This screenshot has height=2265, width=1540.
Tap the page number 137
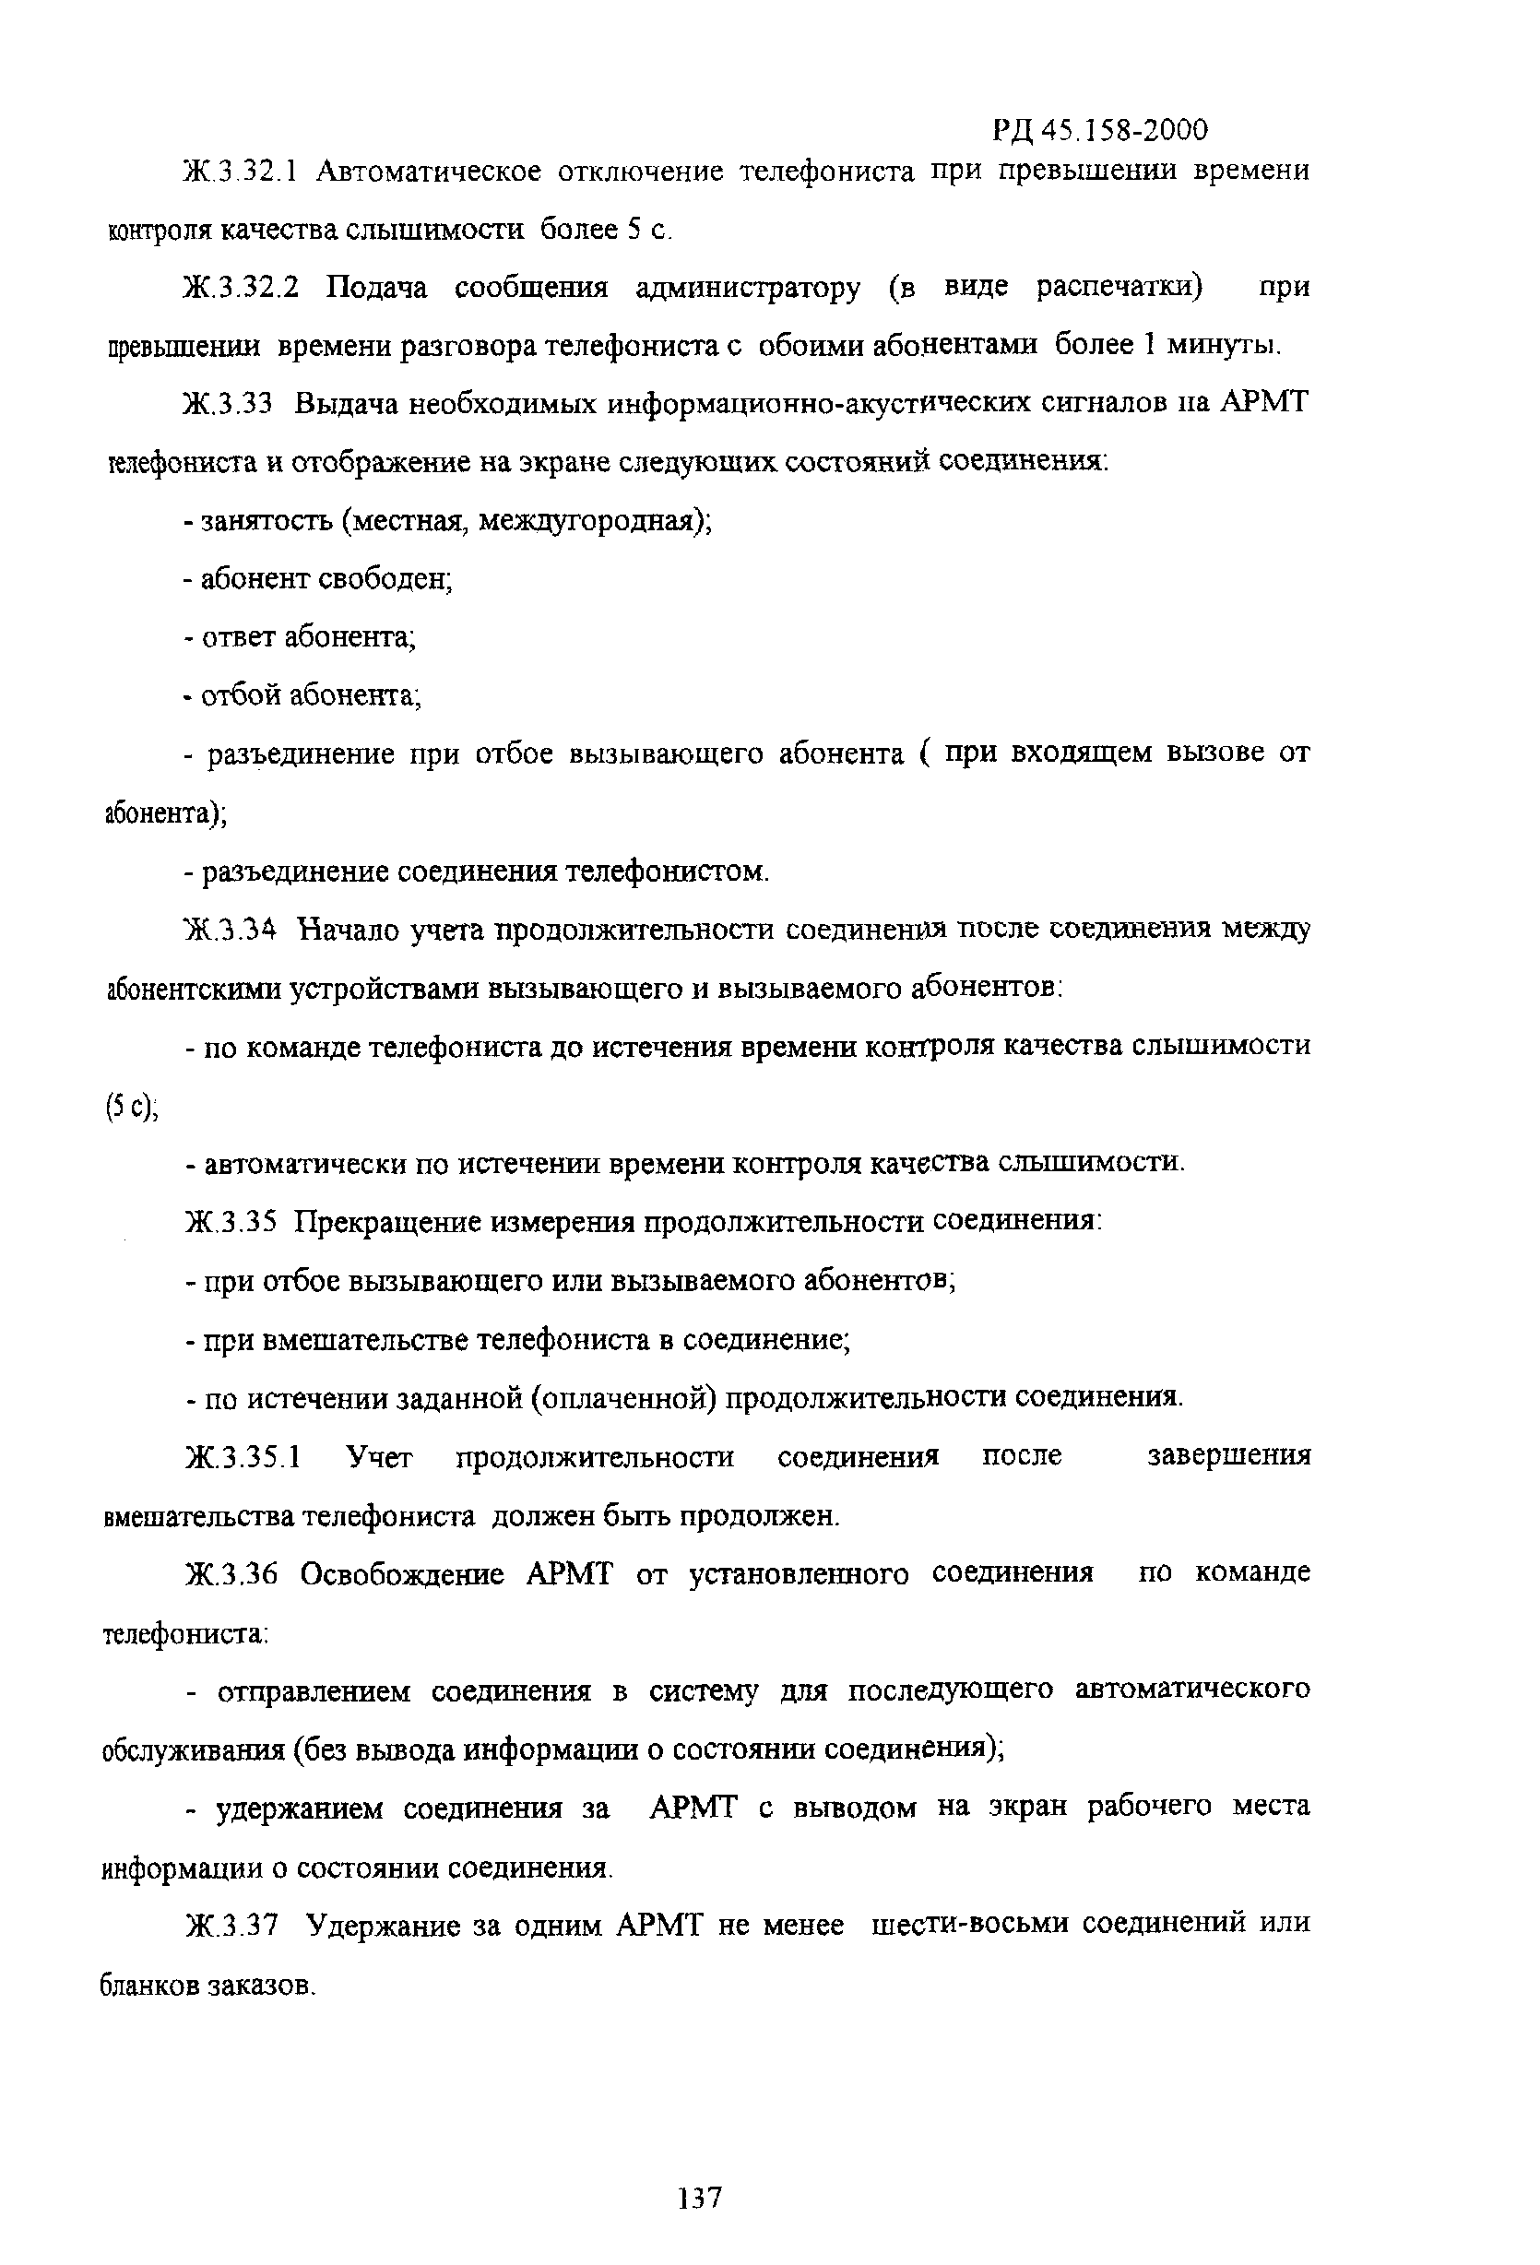(700, 2199)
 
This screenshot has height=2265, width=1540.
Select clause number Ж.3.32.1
(240, 172)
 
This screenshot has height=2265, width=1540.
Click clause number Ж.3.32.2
(240, 289)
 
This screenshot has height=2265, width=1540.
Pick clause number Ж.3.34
(229, 931)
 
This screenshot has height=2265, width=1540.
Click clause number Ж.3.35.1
(243, 1459)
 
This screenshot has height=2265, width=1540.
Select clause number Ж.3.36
(231, 1575)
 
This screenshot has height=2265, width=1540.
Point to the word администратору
(748, 289)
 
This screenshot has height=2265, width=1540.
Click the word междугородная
(588, 521)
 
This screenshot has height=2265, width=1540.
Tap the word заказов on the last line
(261, 1986)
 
